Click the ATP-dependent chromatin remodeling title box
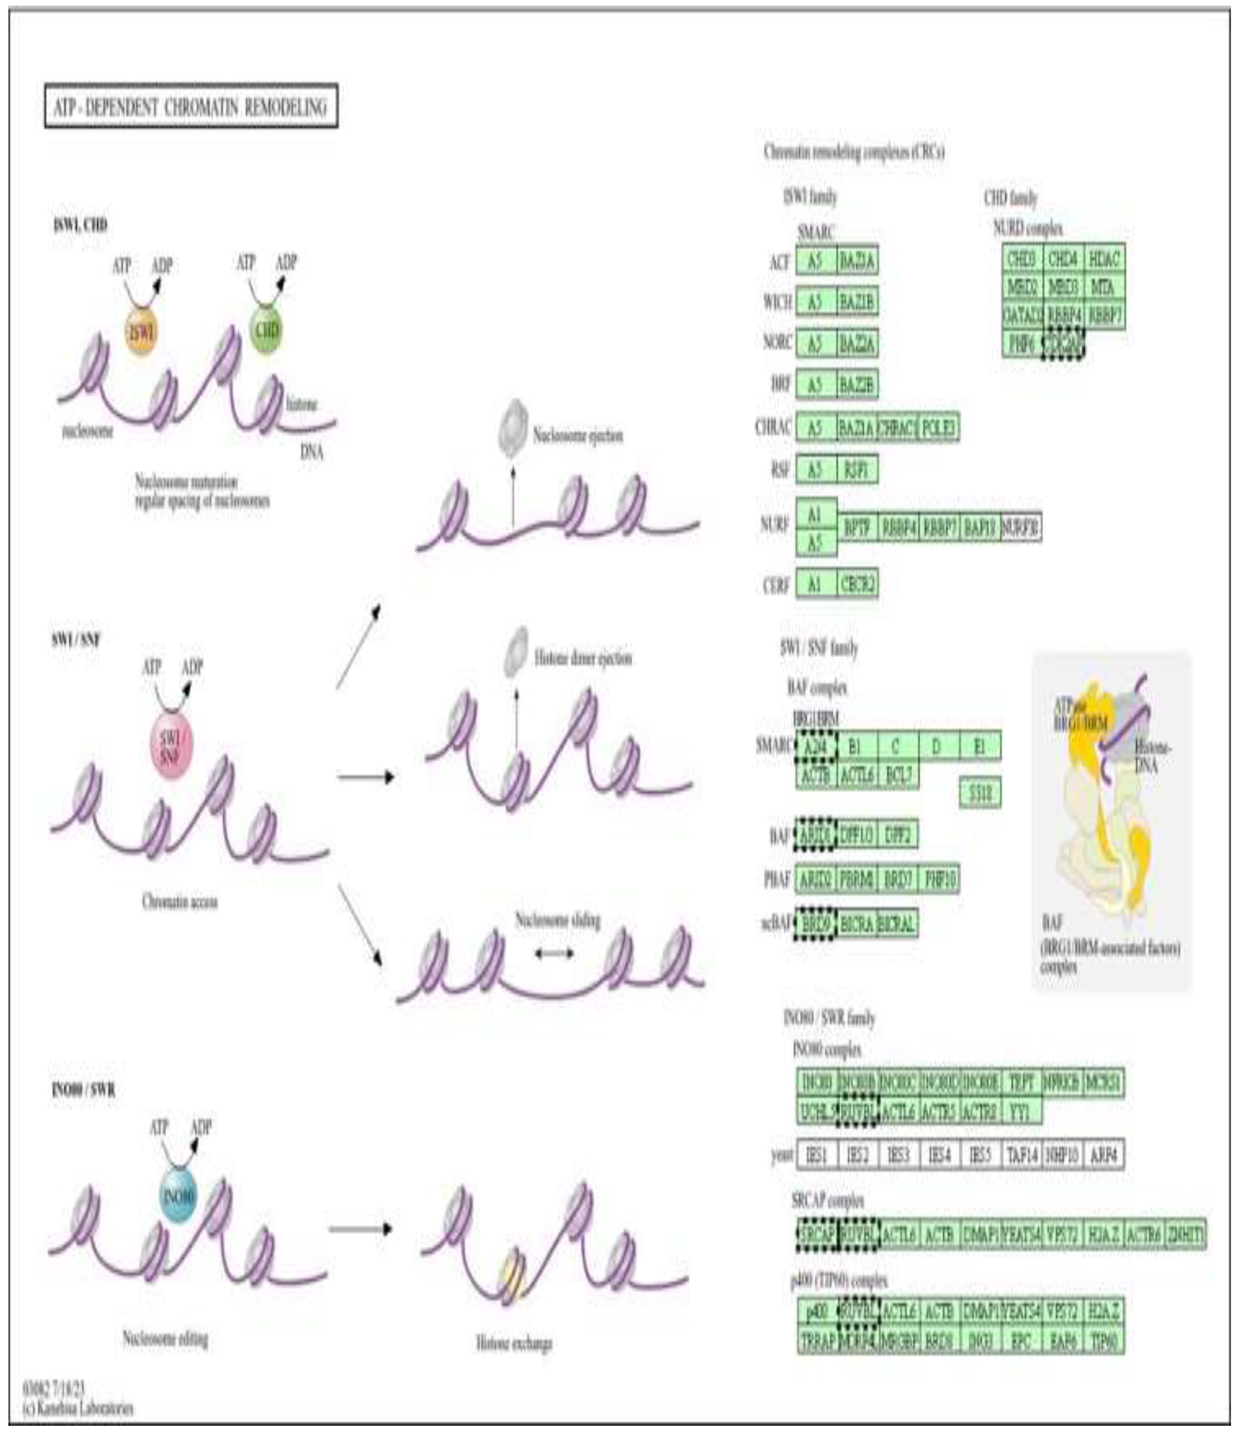click(191, 106)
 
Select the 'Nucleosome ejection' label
click(577, 436)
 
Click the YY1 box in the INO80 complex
click(1021, 1113)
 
